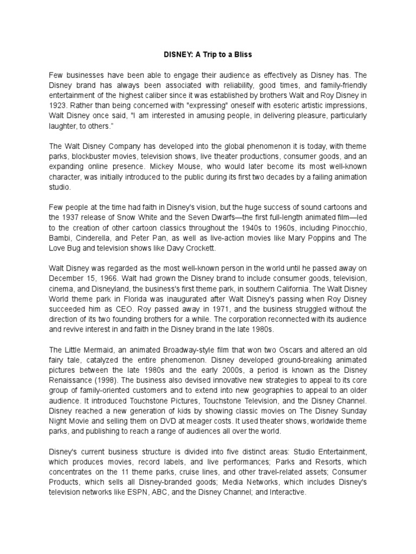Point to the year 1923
coord(57,106)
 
